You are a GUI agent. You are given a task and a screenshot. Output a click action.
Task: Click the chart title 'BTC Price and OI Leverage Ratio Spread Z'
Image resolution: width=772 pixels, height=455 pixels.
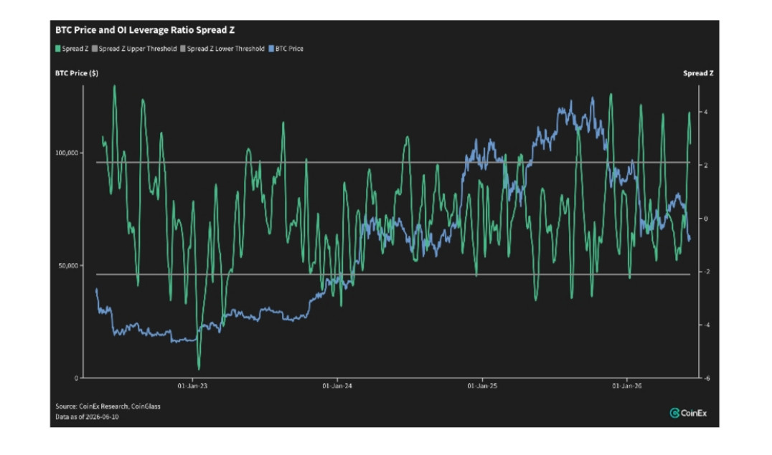(x=145, y=30)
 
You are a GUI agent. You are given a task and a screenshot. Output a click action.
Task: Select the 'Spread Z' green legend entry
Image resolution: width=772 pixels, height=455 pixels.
(x=72, y=49)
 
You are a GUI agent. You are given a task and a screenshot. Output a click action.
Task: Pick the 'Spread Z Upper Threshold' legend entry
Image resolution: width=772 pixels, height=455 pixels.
(x=134, y=49)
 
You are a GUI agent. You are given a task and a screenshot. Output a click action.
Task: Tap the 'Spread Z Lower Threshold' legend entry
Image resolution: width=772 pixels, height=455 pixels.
(x=222, y=49)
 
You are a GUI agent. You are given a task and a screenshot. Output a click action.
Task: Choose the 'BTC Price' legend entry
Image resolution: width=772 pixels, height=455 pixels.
(x=286, y=49)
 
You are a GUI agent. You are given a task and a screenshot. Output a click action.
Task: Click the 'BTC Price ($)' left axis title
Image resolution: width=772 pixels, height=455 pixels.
(x=76, y=73)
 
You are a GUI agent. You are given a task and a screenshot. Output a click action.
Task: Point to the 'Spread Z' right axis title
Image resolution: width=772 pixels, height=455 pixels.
(x=698, y=73)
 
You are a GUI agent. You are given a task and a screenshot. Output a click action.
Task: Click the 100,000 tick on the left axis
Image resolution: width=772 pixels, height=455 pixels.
(x=67, y=153)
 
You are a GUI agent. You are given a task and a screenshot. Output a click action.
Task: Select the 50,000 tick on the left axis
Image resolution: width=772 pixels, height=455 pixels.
(x=68, y=266)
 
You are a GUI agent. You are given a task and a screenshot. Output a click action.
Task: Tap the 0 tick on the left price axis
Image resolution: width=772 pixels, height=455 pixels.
(x=76, y=378)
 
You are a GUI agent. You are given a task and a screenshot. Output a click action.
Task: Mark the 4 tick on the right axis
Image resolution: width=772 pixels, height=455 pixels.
(x=706, y=112)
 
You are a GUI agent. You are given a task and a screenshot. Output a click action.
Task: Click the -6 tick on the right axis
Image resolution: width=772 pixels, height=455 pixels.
(x=707, y=378)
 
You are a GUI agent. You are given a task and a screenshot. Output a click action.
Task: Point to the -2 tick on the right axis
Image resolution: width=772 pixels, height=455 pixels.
(x=707, y=272)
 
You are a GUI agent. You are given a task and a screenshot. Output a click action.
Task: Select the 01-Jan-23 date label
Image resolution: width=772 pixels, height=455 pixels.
(x=192, y=385)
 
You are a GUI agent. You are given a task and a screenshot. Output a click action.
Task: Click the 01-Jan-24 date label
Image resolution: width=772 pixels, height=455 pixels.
(x=337, y=385)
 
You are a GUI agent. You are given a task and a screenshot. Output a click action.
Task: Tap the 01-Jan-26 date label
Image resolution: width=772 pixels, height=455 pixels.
(x=627, y=385)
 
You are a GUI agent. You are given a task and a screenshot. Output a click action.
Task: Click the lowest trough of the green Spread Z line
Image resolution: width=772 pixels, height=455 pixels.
(x=199, y=369)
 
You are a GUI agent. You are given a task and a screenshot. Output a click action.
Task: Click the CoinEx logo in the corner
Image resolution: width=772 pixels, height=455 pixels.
(x=688, y=413)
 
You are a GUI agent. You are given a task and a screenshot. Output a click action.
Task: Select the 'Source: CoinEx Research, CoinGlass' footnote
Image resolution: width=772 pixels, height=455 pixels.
(x=108, y=406)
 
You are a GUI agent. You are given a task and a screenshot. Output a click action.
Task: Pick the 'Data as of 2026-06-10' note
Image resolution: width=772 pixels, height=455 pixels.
(x=87, y=416)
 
